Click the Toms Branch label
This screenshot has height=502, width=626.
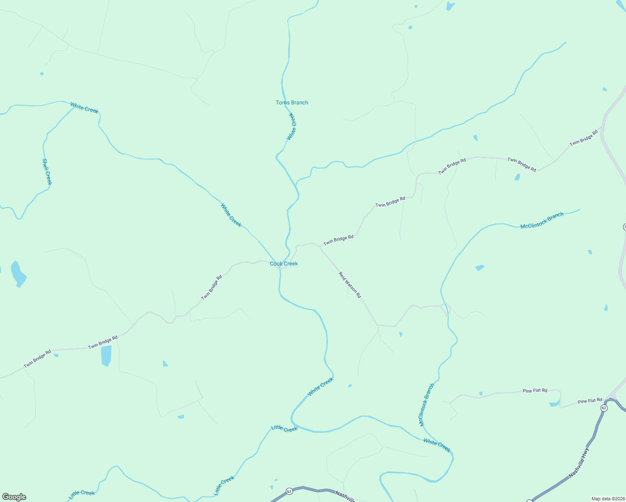tap(292, 102)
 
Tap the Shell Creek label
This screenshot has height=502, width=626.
tap(47, 172)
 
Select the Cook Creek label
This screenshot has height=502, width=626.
tap(284, 264)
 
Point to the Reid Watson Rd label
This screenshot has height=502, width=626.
tap(350, 285)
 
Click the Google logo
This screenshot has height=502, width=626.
tap(14, 497)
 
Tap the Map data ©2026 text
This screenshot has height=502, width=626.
tap(608, 499)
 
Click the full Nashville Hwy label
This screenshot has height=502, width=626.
tap(579, 463)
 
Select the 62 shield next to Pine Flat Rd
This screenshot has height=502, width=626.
tap(603, 408)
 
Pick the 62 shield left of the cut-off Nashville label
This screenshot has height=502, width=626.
tap(289, 491)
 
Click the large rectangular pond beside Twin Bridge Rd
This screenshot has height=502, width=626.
tap(106, 356)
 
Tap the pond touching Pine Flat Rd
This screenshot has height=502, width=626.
tap(555, 403)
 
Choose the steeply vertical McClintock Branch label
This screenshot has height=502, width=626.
tap(427, 405)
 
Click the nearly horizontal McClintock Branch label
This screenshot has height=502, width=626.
tap(542, 220)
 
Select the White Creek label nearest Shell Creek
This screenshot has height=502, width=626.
tap(84, 108)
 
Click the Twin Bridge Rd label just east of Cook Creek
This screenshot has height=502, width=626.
tap(338, 240)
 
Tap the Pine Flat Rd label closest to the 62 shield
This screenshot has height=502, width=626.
tap(590, 401)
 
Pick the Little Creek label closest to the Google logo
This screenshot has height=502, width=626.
tap(82, 493)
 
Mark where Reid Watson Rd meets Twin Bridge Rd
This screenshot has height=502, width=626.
tap(320, 246)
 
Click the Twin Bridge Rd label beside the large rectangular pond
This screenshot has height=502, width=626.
tap(103, 343)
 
